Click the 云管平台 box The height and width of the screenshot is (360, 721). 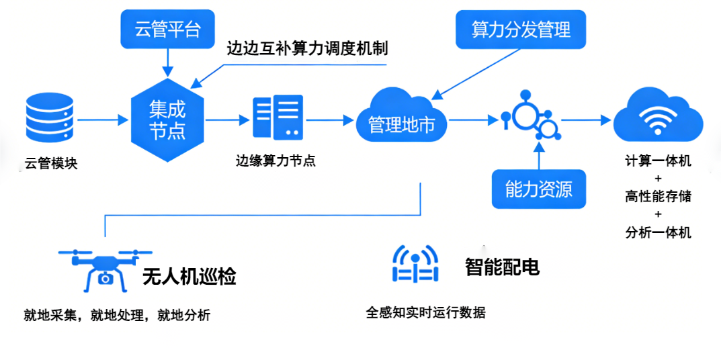tap(167, 30)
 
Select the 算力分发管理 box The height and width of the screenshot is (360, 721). tap(521, 30)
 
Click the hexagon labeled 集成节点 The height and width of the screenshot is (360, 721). tap(167, 120)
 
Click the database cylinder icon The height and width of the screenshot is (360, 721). tap(50, 120)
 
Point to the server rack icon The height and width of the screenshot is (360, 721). tap(278, 117)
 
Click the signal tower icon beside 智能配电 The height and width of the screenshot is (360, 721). tap(415, 264)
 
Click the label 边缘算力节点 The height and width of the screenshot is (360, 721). tap(275, 161)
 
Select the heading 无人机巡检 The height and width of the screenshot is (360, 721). tap(189, 276)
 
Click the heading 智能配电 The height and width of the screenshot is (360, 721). tap(502, 267)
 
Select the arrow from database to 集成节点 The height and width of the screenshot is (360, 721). tap(103, 120)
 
